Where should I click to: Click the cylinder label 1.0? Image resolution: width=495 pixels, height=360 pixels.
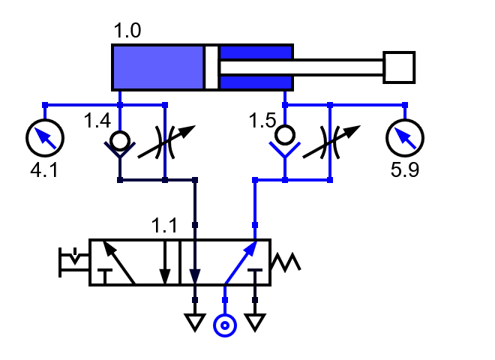[x=127, y=31]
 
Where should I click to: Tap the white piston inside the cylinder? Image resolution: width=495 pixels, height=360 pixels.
[x=211, y=67]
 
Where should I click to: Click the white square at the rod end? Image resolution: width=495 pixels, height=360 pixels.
[x=399, y=67]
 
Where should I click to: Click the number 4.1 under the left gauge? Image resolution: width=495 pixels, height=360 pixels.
[x=43, y=170]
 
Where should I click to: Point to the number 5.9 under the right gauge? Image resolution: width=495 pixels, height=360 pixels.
[x=405, y=170]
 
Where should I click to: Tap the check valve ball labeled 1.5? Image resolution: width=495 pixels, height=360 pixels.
[x=285, y=136]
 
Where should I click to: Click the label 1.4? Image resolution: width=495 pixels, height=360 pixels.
[x=97, y=120]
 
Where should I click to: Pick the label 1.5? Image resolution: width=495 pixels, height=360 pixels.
[x=262, y=120]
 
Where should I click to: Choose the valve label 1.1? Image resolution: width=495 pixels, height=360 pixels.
[x=164, y=225]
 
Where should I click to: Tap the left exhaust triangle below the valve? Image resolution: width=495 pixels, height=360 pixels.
[x=195, y=322]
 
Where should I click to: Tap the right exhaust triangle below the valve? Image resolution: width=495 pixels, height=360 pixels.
[x=255, y=322]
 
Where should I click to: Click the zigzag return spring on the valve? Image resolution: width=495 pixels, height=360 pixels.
[x=285, y=262]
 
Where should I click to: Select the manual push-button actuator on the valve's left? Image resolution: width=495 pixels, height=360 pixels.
[x=73, y=262]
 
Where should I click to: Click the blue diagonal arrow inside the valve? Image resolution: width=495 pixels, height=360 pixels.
[x=240, y=262]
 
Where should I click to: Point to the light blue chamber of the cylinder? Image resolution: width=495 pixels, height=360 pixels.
[x=157, y=67]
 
